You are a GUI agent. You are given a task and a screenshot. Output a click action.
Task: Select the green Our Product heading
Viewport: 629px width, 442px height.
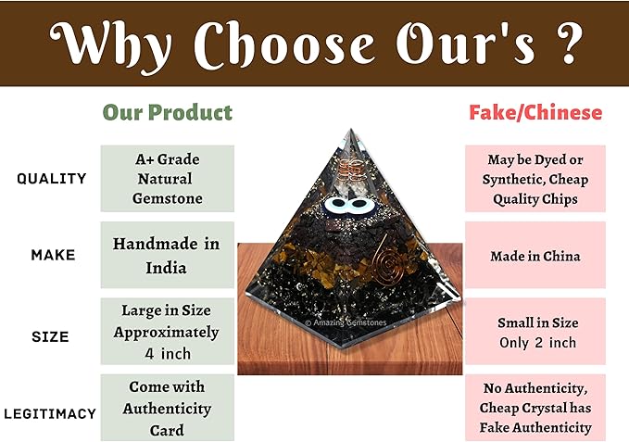pyautogui.click(x=167, y=113)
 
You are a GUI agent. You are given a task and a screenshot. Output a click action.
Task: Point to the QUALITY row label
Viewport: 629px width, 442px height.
pyautogui.click(x=52, y=178)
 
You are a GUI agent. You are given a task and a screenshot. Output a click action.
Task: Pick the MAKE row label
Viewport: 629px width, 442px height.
pyautogui.click(x=52, y=254)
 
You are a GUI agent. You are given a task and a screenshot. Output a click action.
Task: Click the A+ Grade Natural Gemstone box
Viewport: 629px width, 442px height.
pyautogui.click(x=167, y=178)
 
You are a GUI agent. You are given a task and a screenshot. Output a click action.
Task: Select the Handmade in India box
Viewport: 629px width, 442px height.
pyautogui.click(x=167, y=255)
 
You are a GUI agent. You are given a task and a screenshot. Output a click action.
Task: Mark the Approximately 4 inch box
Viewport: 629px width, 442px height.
pyautogui.click(x=167, y=331)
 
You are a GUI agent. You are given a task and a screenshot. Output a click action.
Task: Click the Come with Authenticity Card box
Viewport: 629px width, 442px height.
pyautogui.click(x=167, y=408)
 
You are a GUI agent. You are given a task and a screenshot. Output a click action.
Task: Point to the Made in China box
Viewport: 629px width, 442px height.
pyautogui.click(x=535, y=255)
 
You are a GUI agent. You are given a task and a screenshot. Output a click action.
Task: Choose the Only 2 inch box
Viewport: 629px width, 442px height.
pyautogui.click(x=535, y=332)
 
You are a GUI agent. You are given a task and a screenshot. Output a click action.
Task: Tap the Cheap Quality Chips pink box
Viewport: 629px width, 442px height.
pyautogui.click(x=535, y=178)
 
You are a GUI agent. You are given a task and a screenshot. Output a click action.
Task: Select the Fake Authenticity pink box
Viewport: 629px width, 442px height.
pyautogui.click(x=535, y=408)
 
